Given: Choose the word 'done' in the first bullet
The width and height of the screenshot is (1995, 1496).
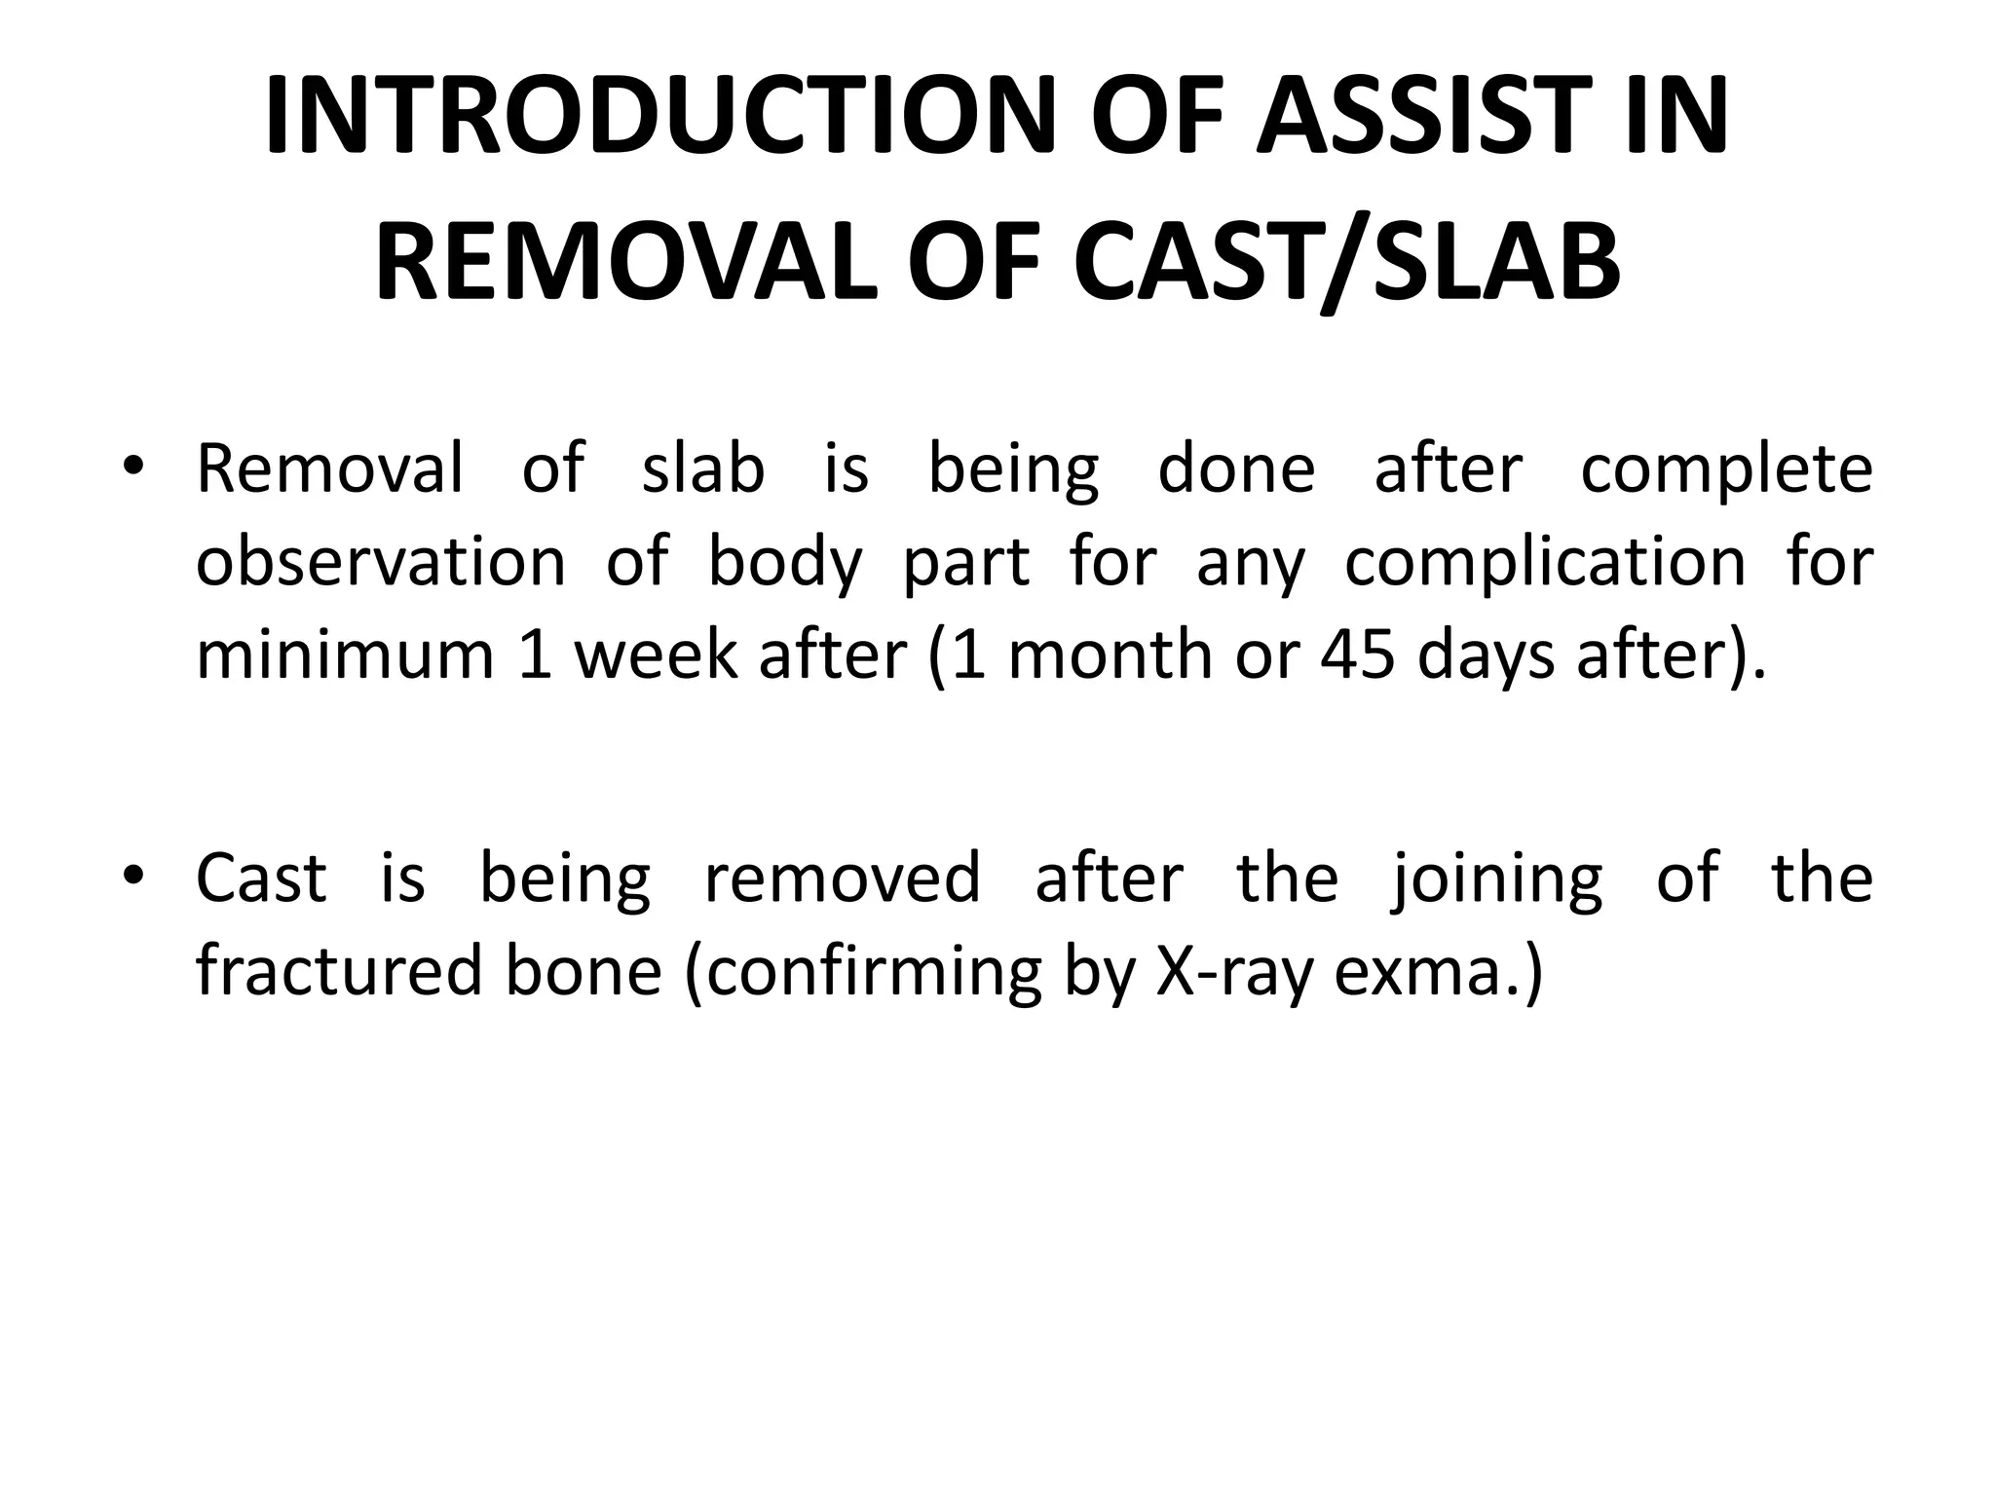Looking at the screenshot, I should coord(1237,468).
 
